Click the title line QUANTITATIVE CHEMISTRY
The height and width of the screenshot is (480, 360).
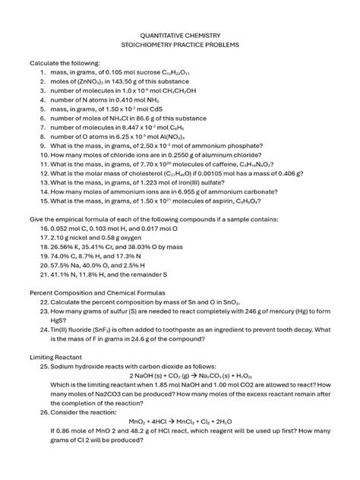(180, 35)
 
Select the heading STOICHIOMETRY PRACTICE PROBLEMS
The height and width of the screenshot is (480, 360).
(180, 45)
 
